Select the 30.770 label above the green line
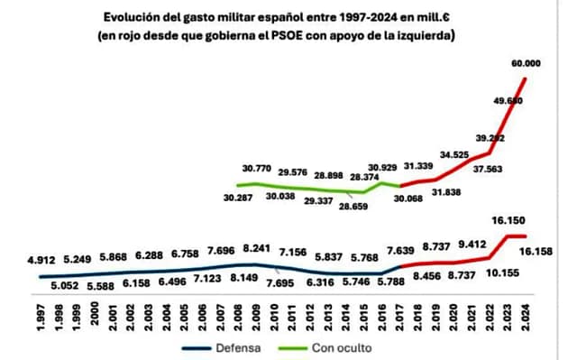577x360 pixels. tap(261, 169)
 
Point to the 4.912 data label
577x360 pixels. tap(54, 259)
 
